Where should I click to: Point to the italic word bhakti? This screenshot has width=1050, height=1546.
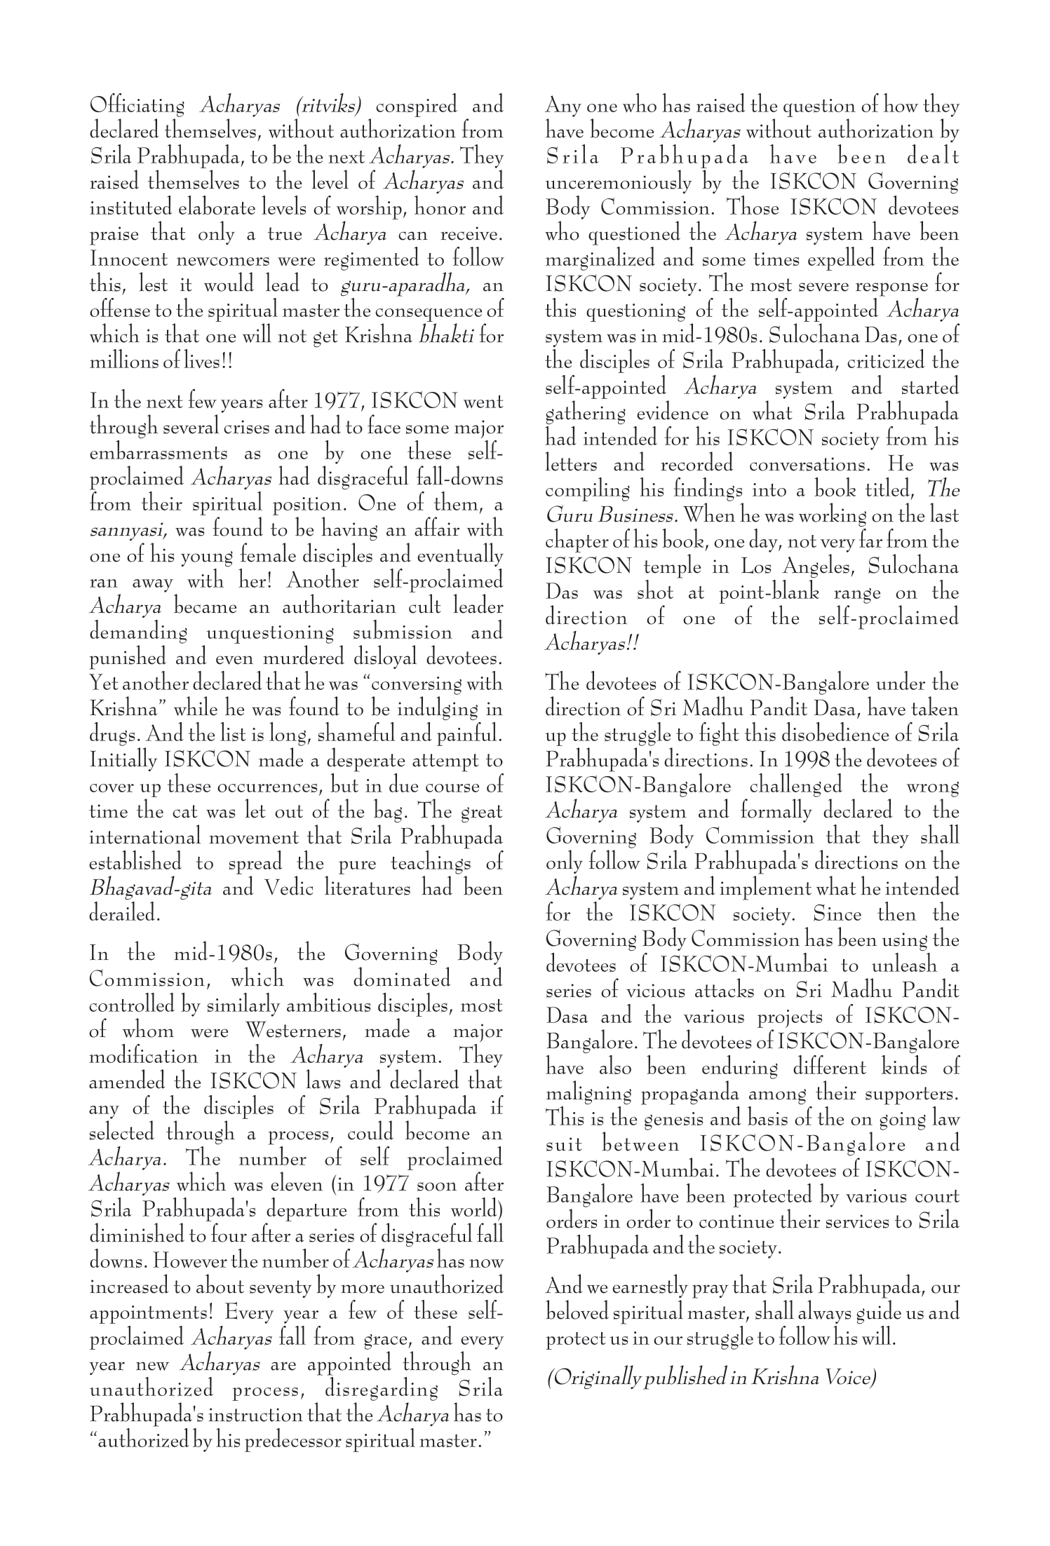click(x=448, y=337)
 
